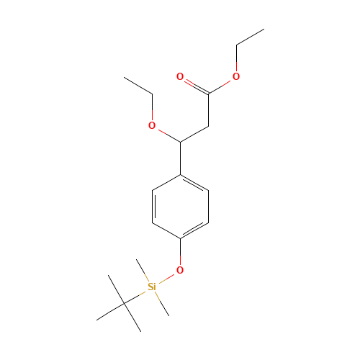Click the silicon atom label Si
[x=151, y=287]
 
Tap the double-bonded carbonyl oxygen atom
[x=180, y=76]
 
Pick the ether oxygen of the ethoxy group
[x=152, y=125]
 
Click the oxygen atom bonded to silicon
[x=180, y=270]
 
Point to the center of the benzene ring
[x=180, y=207]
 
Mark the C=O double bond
[x=193, y=84]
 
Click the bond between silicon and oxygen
[x=166, y=278]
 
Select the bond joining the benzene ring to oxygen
[x=180, y=253]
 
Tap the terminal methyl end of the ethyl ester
[x=263, y=30]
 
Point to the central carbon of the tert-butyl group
[x=124, y=303]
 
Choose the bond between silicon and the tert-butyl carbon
[x=138, y=295]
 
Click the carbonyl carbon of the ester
[x=208, y=92]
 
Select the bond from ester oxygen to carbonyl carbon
[x=222, y=84]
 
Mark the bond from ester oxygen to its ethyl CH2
[x=236, y=61]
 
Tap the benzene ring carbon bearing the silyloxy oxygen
[x=180, y=238]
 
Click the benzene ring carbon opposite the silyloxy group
[x=180, y=174]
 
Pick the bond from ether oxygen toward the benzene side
[x=166, y=133]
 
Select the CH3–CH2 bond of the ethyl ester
[x=249, y=37]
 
